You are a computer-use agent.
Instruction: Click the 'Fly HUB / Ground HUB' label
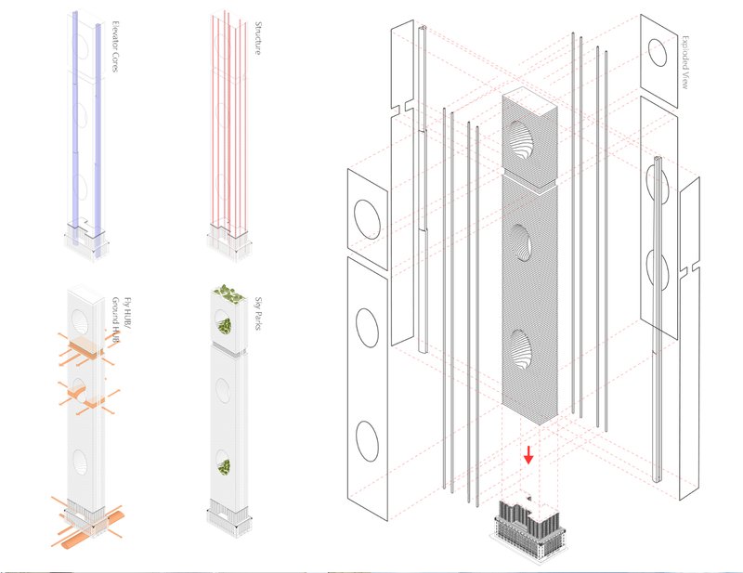tap(115, 320)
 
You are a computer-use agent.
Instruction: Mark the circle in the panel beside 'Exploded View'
tap(657, 53)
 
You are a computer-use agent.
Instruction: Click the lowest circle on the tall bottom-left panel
tap(367, 439)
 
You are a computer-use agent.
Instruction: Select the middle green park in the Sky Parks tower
tap(224, 327)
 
